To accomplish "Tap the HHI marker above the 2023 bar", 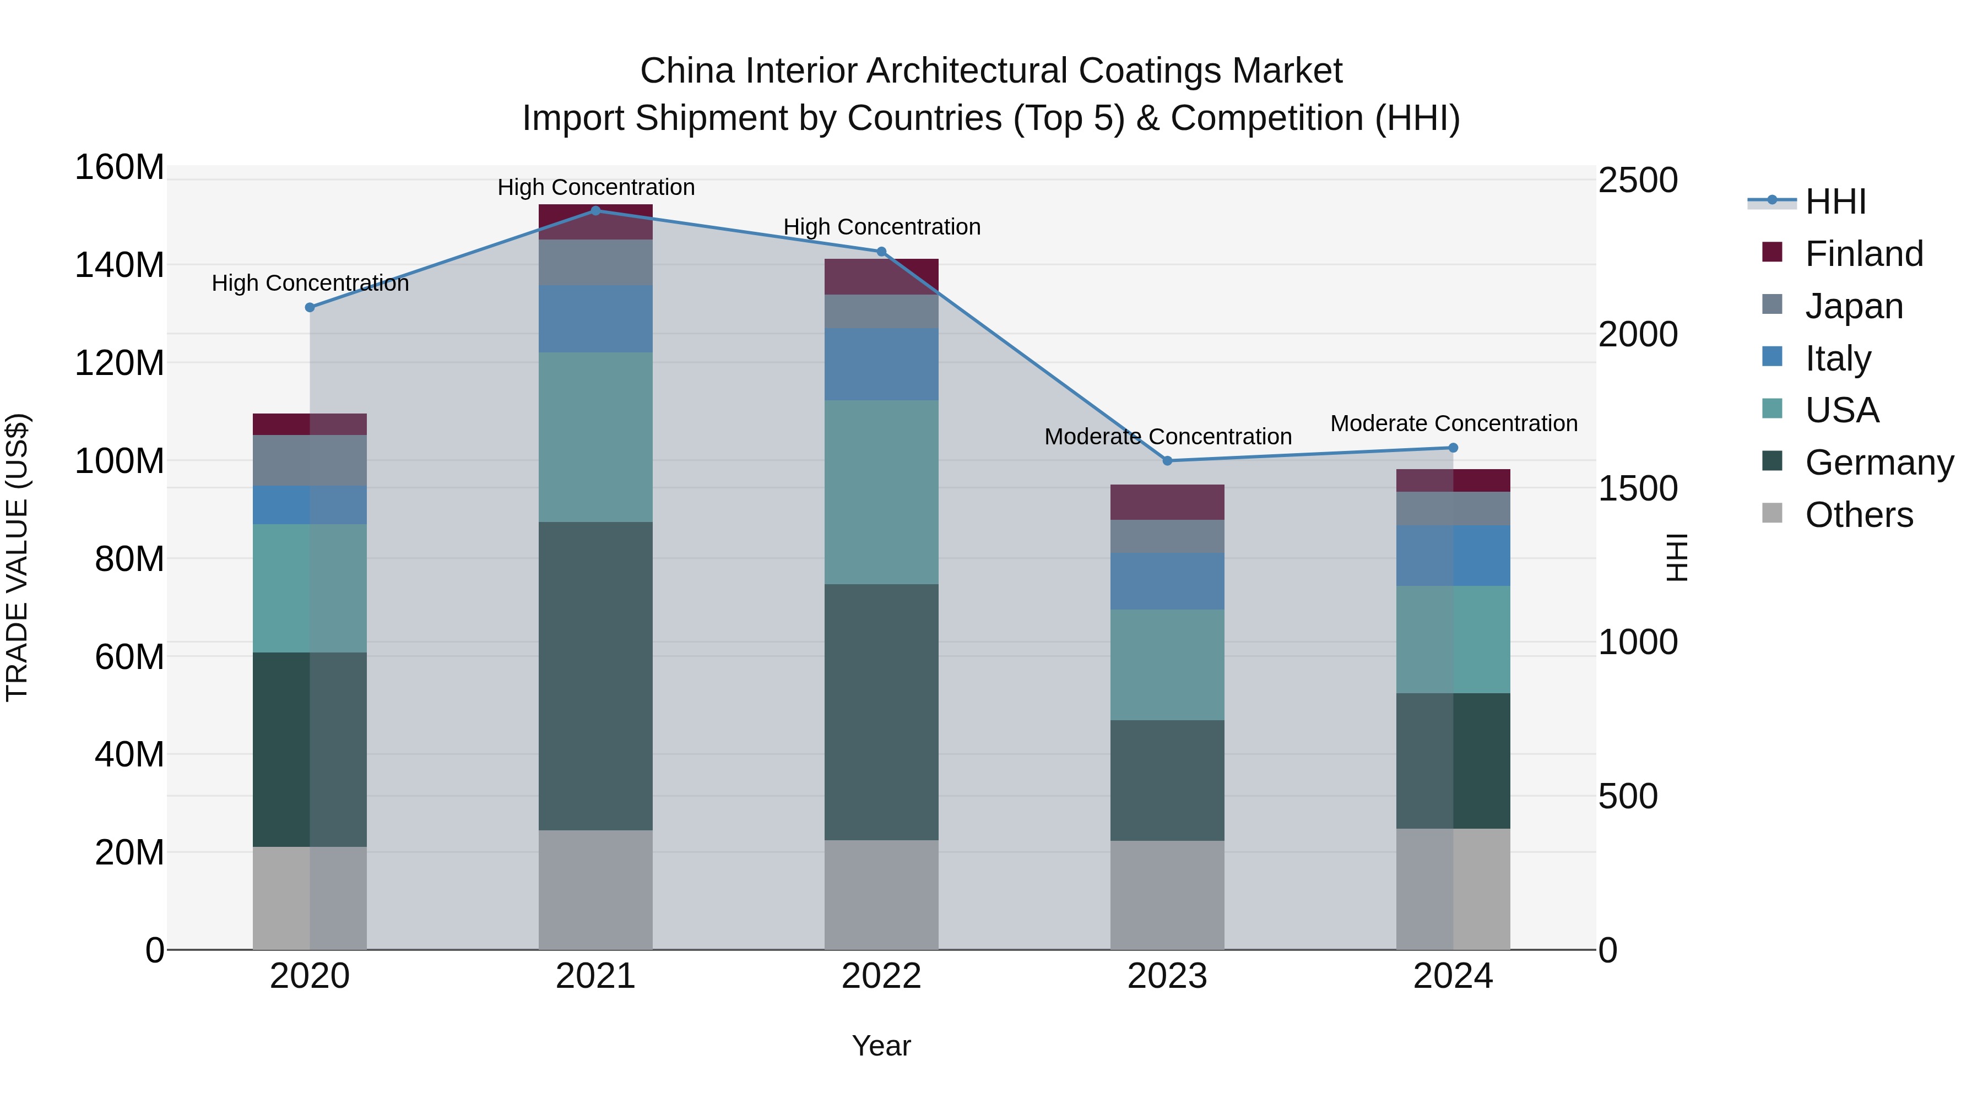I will point(1167,461).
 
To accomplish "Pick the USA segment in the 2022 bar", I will point(881,492).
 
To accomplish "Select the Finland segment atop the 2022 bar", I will point(881,276).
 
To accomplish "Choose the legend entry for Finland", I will point(1863,253).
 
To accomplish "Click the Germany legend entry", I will point(1878,463).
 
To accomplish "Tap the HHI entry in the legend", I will point(1835,202).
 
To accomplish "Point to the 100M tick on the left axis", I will point(120,461).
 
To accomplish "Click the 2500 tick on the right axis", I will point(1638,181).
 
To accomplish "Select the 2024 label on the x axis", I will point(1453,976).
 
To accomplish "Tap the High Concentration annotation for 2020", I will point(310,283).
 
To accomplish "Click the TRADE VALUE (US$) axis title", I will point(17,557).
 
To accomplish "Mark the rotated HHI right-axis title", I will point(1677,557).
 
